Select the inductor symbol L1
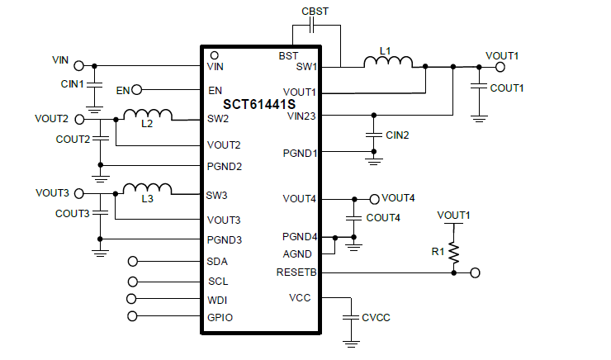coord(387,63)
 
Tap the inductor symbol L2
coord(148,115)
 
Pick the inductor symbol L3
coord(147,190)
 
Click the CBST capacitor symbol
coord(312,26)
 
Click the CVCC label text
coord(376,317)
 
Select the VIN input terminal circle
coord(79,65)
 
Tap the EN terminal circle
coord(137,90)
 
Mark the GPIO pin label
coord(220,317)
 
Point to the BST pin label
coord(288,56)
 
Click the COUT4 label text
coord(382,218)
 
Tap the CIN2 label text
coord(397,135)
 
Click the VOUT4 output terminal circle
coord(374,199)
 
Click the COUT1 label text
coord(507,88)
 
